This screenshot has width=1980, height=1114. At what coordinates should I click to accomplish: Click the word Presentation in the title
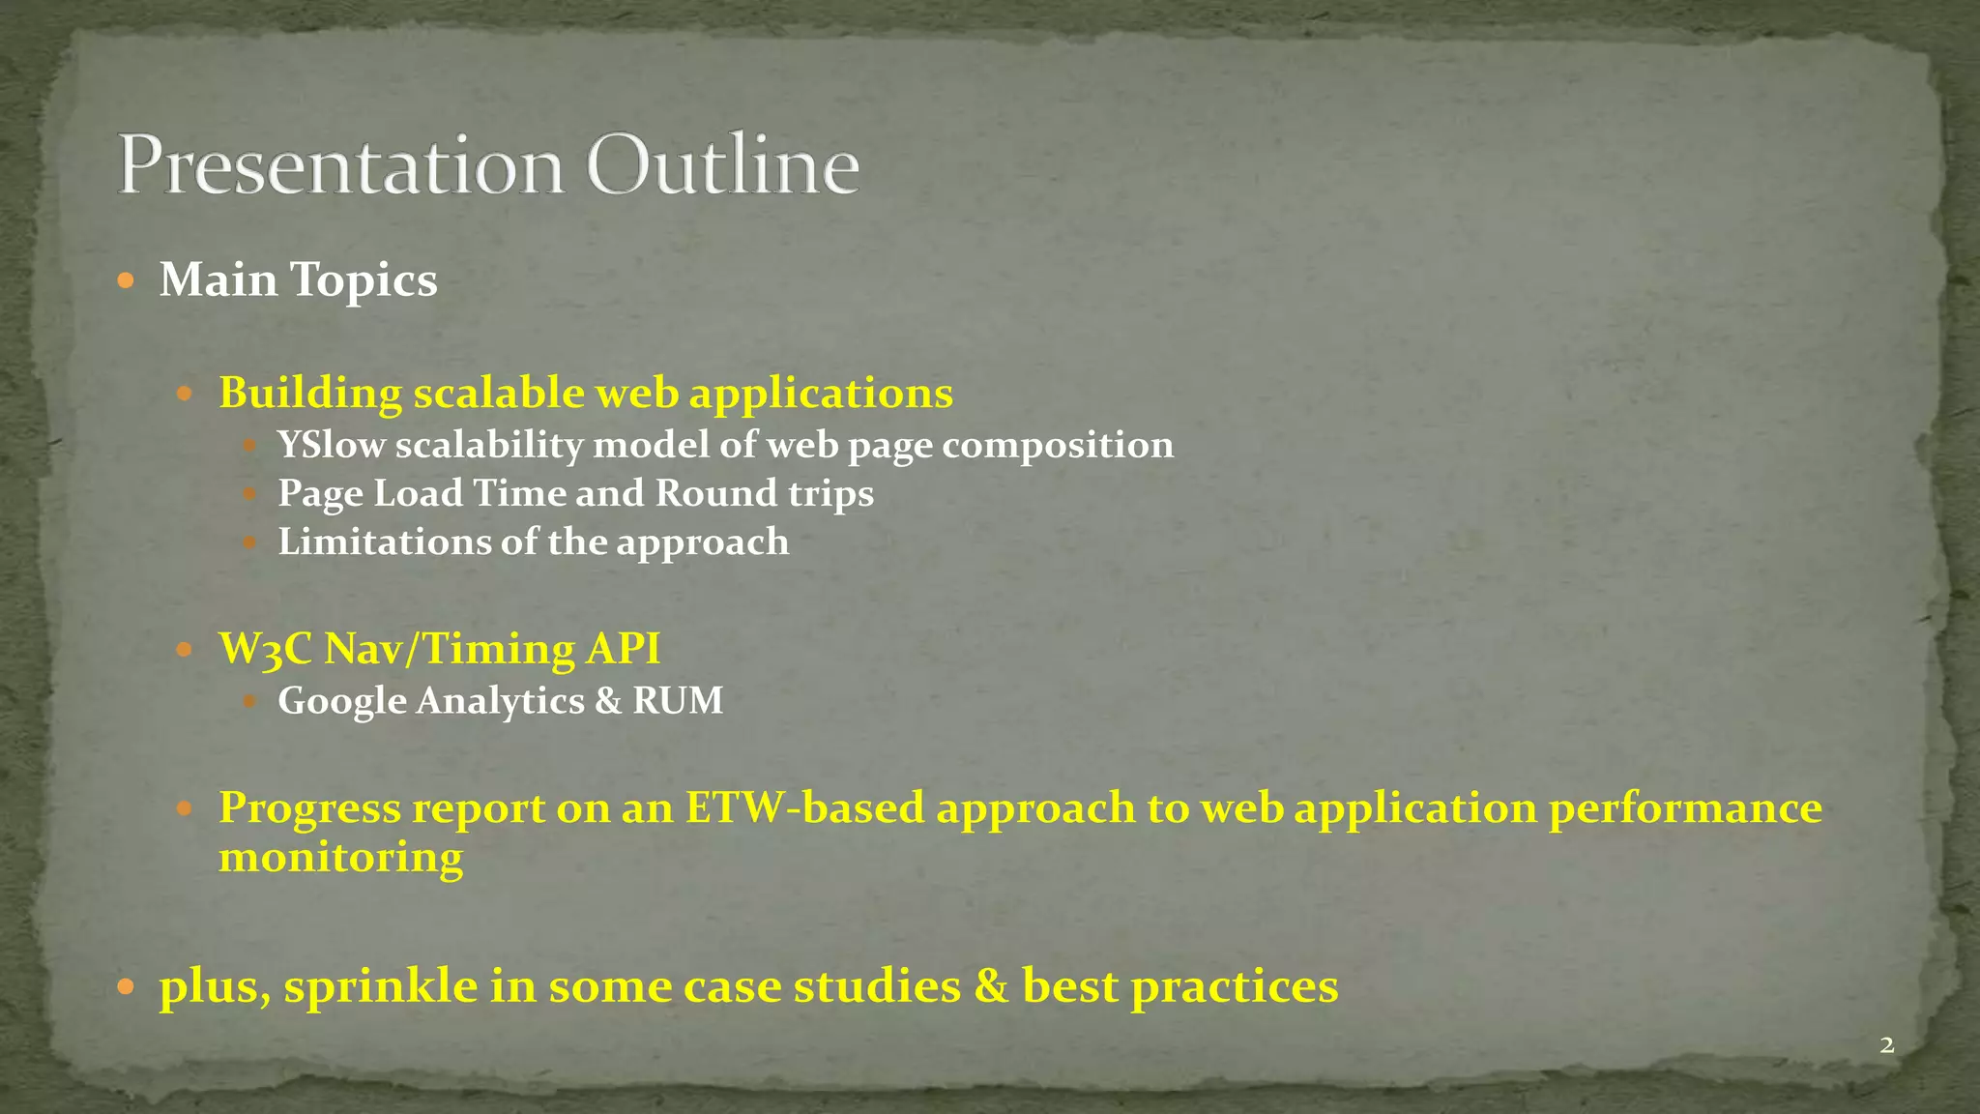[x=340, y=166]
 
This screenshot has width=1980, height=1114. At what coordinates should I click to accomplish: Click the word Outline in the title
[x=723, y=166]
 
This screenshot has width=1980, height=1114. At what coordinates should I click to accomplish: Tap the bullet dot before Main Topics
[x=126, y=281]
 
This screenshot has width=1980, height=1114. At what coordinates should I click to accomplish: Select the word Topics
[x=364, y=281]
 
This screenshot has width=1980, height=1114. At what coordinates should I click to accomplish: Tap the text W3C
[x=266, y=649]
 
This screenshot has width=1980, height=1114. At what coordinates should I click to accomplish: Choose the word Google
[x=342, y=701]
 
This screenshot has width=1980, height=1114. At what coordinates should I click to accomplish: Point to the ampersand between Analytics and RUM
[x=608, y=701]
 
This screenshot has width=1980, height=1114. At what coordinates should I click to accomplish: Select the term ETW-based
[x=805, y=807]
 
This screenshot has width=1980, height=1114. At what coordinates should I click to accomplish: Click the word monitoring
[x=340, y=857]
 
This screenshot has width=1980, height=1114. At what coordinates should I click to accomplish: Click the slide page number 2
[x=1886, y=1045]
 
